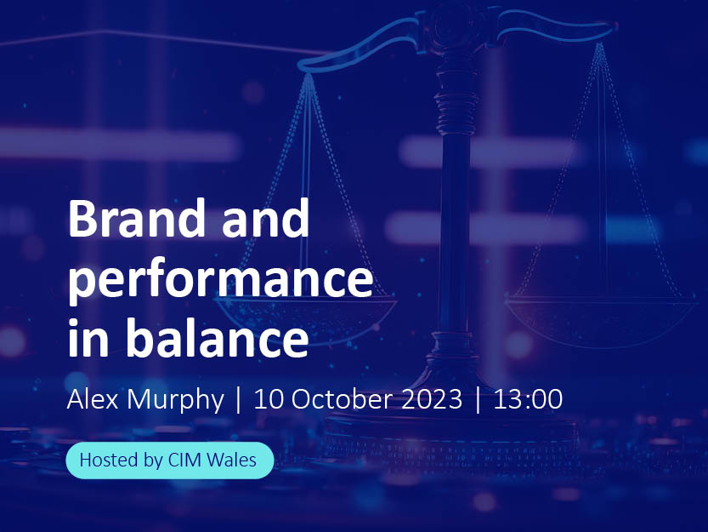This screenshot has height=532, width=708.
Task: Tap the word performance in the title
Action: click(x=221, y=280)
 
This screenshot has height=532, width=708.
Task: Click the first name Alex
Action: click(x=93, y=399)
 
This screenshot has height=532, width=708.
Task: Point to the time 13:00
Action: click(x=528, y=400)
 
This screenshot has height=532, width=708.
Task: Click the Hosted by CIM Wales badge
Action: click(x=170, y=460)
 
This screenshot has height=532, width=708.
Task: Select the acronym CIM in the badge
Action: click(x=184, y=460)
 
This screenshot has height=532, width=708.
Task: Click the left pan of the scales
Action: click(x=305, y=317)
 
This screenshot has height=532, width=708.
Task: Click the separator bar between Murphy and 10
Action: click(x=239, y=400)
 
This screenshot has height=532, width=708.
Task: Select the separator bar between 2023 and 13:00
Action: click(x=479, y=400)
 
